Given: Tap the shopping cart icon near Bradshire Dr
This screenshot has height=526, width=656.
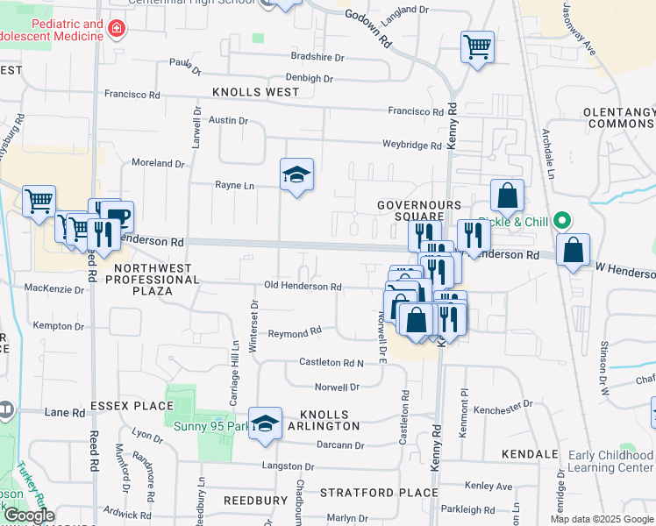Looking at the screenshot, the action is pyautogui.click(x=477, y=46).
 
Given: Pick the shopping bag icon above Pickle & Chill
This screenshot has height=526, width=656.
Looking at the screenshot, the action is pyautogui.click(x=507, y=196).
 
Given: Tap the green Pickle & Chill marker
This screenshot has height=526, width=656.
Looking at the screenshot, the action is pyautogui.click(x=563, y=222).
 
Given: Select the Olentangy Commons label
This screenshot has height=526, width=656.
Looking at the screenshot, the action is pyautogui.click(x=619, y=118).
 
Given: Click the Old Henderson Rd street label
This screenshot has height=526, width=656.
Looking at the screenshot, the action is pyautogui.click(x=303, y=287).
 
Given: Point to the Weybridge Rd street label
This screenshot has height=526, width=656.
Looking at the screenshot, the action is pyautogui.click(x=411, y=145).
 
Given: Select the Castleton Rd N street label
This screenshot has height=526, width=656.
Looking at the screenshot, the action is pyautogui.click(x=331, y=362).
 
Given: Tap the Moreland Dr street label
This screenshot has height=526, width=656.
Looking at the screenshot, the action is pyautogui.click(x=158, y=163).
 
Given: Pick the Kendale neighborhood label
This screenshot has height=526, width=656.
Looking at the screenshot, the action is pyautogui.click(x=530, y=454).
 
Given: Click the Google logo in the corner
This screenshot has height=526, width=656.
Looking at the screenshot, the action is pyautogui.click(x=29, y=516).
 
